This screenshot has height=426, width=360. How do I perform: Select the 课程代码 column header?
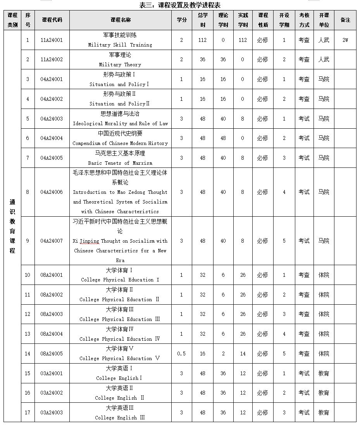(52, 20)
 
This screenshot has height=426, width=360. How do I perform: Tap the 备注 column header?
(345, 20)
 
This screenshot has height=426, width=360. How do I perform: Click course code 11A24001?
(52, 40)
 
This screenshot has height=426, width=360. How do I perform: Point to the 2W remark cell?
(345, 40)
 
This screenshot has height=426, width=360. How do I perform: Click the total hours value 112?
(202, 40)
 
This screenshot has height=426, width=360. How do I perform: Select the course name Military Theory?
(120, 64)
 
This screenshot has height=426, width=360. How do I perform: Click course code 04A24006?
(52, 192)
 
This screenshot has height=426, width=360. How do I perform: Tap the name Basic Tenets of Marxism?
(120, 163)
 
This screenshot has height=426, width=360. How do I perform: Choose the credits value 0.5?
(181, 354)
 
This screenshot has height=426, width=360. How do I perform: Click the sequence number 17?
(28, 412)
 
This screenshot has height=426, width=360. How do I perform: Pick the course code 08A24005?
(52, 354)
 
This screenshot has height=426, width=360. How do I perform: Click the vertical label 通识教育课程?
(12, 226)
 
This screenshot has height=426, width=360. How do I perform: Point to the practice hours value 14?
(243, 354)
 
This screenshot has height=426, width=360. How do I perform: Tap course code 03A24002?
(52, 393)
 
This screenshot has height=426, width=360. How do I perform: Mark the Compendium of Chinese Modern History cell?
(120, 143)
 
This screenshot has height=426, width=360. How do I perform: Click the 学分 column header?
(181, 20)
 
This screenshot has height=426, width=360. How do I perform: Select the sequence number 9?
(28, 241)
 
